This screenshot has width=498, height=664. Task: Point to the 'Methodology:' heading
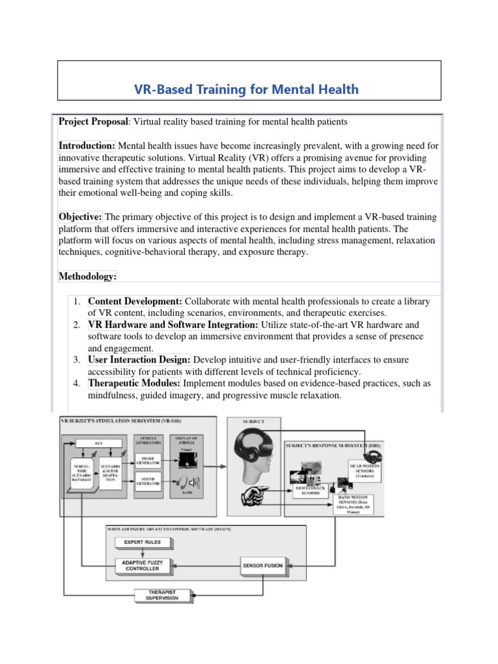88,276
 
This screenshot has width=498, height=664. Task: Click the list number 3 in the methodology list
76,359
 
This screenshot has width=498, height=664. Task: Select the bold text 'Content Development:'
136,302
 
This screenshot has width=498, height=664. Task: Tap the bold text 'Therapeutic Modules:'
134,383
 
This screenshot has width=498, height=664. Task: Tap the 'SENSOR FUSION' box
263,565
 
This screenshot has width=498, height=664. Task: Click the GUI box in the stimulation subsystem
99,442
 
